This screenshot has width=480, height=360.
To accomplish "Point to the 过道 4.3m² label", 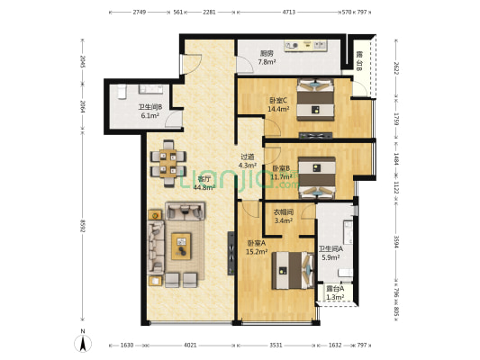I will [248, 161].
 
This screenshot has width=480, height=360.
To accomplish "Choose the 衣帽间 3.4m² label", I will [285, 215].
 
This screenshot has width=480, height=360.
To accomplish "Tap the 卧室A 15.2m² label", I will [257, 247].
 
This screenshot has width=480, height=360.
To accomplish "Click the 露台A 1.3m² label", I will [335, 292].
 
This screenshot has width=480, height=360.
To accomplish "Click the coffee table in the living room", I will [182, 241].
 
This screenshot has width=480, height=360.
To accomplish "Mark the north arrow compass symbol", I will [82, 341].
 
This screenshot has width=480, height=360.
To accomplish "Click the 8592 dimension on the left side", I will [82, 228].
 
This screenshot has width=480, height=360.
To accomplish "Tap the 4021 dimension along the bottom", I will [188, 345].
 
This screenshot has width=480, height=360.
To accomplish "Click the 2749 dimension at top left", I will [139, 13].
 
